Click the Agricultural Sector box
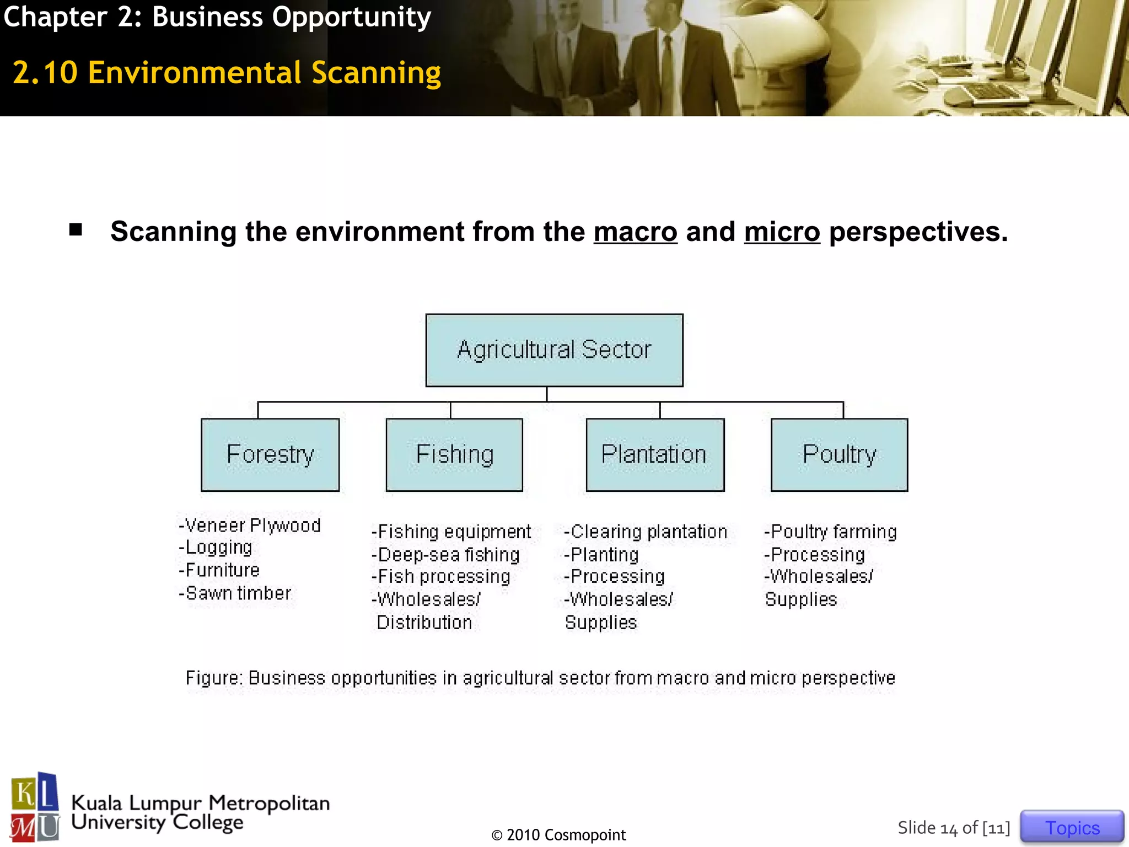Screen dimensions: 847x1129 click(554, 350)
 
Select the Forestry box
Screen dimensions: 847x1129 click(270, 455)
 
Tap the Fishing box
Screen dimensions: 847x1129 click(454, 455)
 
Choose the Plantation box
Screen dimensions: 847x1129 click(655, 455)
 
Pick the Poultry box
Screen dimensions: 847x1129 click(839, 455)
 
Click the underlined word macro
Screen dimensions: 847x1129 click(635, 232)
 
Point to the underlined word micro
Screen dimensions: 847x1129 click(782, 232)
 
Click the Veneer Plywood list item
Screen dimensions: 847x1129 click(250, 525)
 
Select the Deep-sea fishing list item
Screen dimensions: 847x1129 click(445, 555)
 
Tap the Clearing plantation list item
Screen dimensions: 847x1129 click(646, 532)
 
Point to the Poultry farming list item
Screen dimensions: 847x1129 click(830, 532)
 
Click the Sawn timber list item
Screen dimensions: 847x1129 click(235, 593)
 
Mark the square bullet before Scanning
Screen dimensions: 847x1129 click(76, 229)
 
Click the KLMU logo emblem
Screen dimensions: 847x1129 click(35, 807)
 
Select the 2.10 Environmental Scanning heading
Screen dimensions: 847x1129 click(227, 73)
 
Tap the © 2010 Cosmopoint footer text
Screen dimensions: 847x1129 click(558, 835)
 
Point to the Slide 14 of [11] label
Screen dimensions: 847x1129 click(954, 828)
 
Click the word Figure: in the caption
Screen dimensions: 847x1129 click(214, 678)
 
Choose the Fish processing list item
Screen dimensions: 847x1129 click(441, 577)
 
